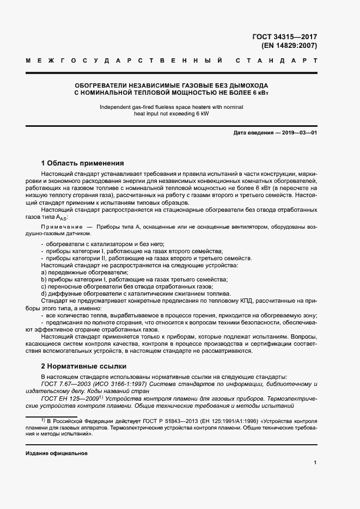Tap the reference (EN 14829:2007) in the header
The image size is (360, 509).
pos(293,46)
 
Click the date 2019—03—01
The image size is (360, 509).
pos(300,133)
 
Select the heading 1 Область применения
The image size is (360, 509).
pos(83,163)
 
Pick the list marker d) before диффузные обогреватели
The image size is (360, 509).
pos(44,294)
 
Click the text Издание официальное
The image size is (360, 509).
pos(56,453)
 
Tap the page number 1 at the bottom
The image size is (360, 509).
pos(315,462)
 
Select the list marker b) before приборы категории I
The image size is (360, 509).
pos(44,279)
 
